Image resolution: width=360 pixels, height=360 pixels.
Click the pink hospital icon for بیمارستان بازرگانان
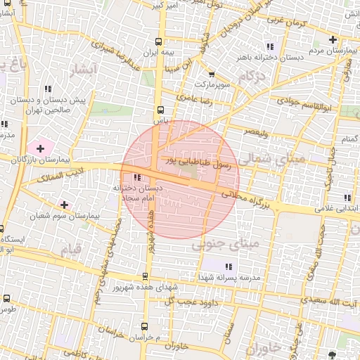pos(40,148)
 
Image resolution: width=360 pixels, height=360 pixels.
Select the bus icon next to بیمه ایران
pos(161,41)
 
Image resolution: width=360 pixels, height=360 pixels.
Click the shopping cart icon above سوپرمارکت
pos(212,74)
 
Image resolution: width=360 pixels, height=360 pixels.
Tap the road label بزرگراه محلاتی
pos(244,198)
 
